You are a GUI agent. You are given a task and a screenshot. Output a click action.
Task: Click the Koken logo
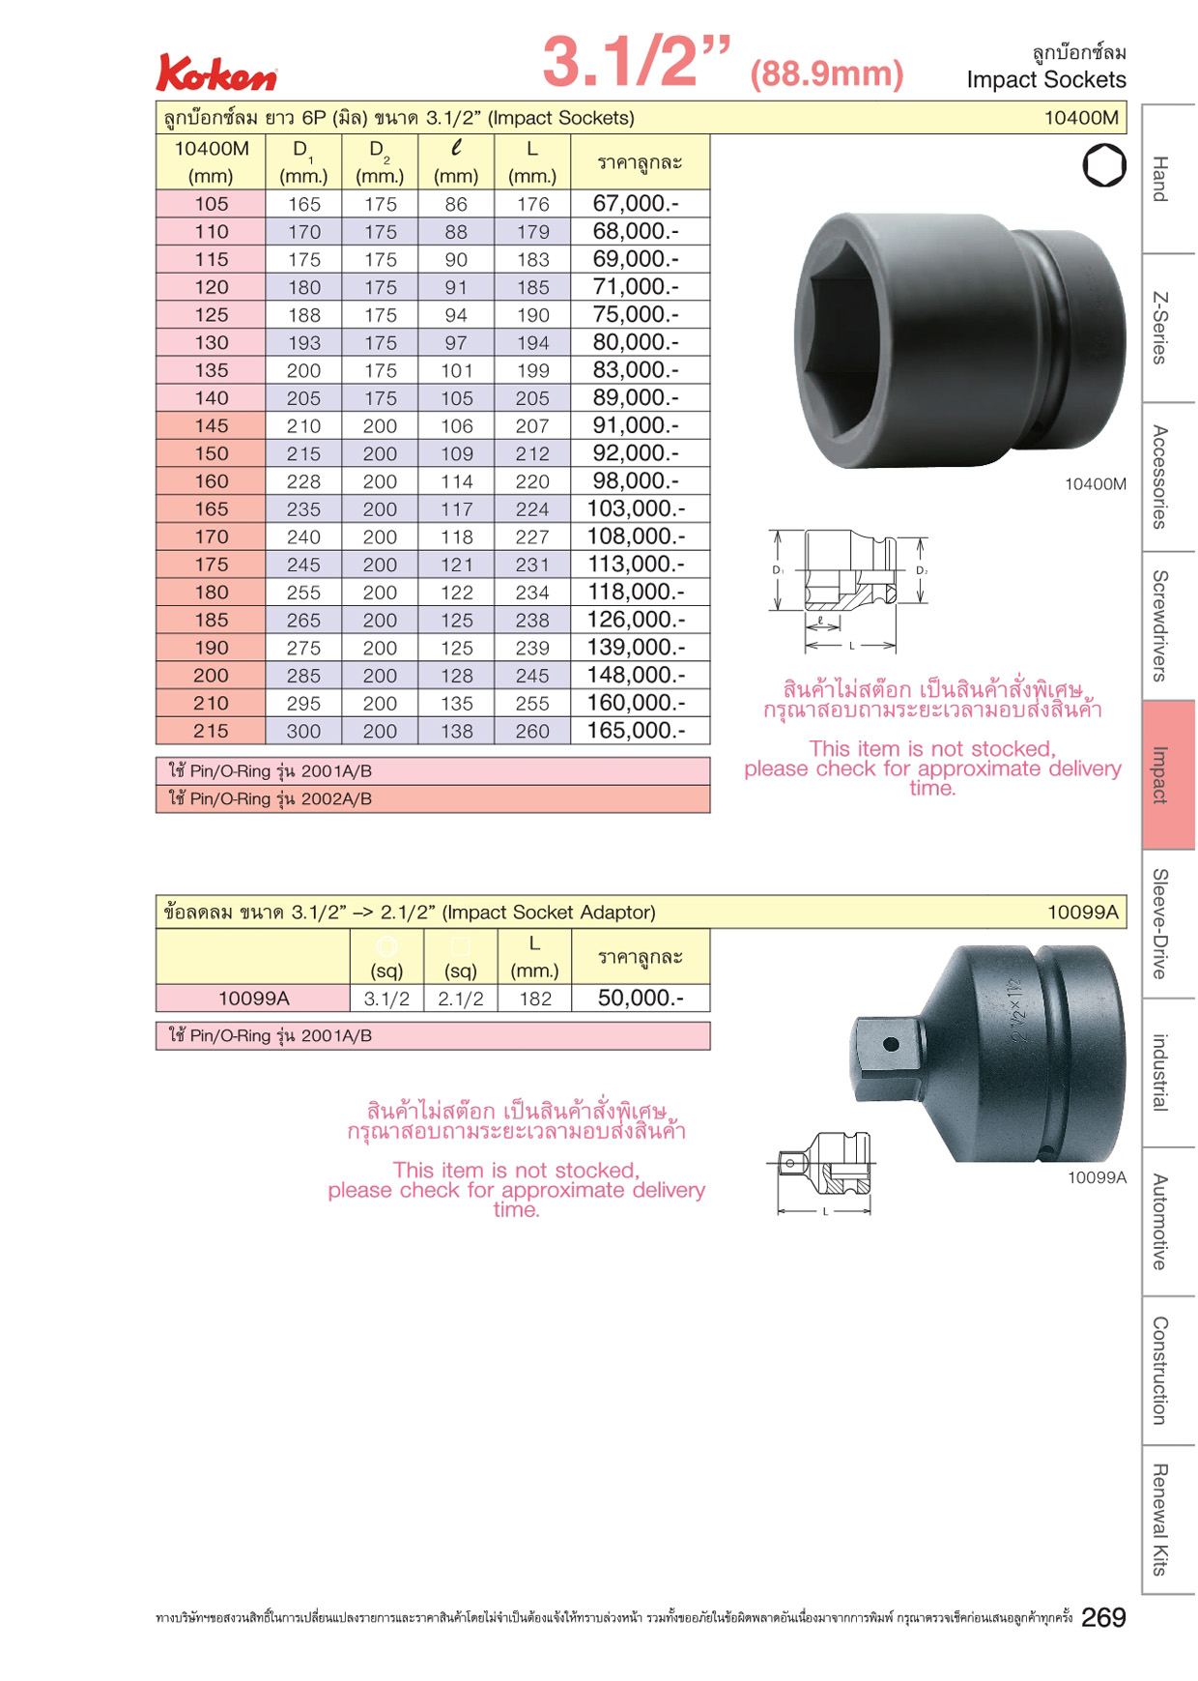(216, 73)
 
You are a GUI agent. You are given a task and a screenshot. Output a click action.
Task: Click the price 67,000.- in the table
(636, 203)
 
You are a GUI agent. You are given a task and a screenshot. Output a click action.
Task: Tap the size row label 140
(212, 398)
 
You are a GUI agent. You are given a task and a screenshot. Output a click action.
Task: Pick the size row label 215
(212, 732)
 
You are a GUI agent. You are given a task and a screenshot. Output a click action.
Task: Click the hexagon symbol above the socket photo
(1104, 165)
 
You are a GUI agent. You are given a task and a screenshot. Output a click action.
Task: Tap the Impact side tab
(1168, 775)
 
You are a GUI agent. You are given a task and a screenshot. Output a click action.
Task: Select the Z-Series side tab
(1168, 329)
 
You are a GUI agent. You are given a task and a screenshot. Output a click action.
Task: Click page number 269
(1103, 1617)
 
